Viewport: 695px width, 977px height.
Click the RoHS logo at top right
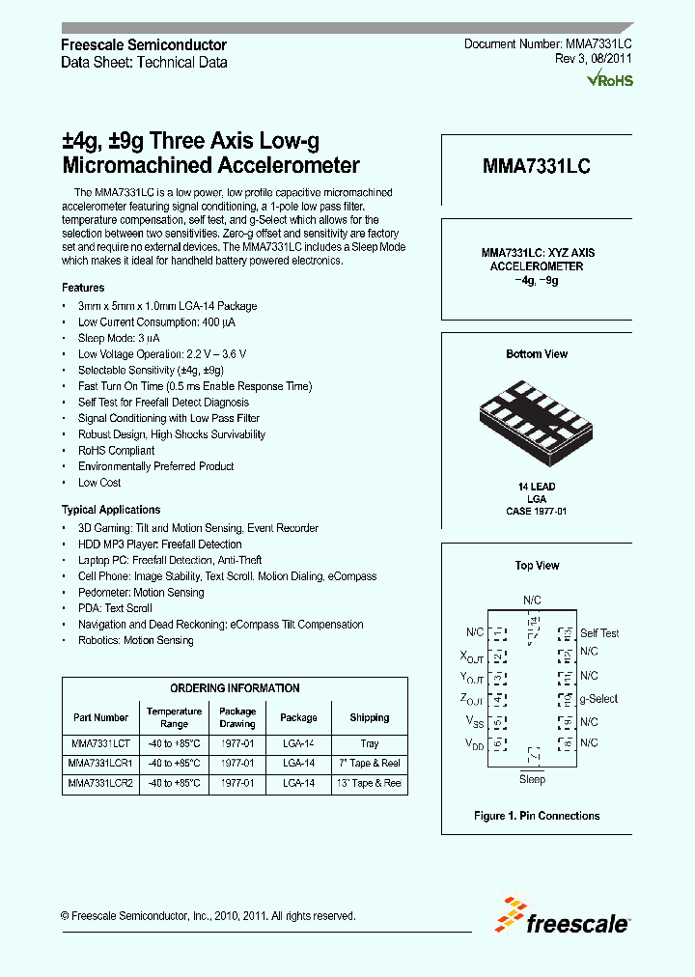tap(610, 80)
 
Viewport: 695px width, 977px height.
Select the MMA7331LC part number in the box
tap(537, 166)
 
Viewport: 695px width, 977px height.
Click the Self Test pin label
tap(599, 633)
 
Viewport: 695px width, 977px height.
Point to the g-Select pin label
tap(598, 698)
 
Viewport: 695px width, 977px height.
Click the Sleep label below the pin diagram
tap(532, 779)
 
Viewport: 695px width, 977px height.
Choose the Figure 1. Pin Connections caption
tap(537, 816)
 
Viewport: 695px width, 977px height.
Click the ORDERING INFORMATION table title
tap(235, 688)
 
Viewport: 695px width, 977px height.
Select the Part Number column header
tap(100, 717)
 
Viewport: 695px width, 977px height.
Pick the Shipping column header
tap(369, 717)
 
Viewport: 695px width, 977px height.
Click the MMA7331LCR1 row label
tap(100, 764)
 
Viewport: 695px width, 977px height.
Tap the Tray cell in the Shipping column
tap(369, 744)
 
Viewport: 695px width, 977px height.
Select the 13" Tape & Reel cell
tap(369, 783)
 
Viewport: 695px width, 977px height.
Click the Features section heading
tap(83, 288)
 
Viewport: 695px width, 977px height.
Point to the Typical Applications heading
tap(111, 510)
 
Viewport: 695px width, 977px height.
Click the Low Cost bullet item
tap(99, 482)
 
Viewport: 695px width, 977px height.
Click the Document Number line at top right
tap(547, 44)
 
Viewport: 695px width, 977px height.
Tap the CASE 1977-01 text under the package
tap(536, 511)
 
